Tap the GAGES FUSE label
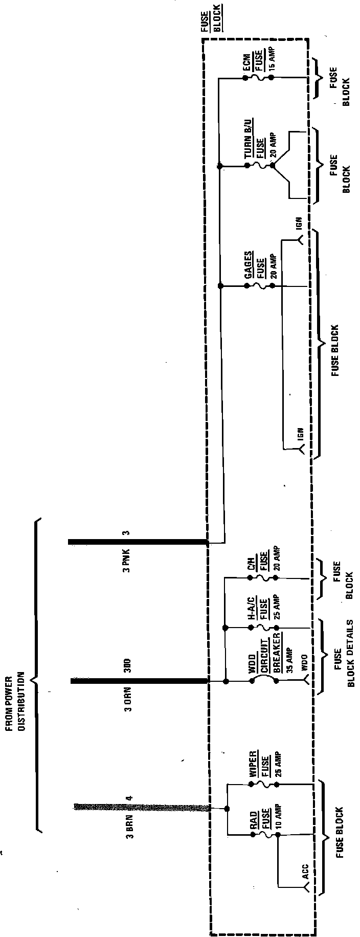(254, 266)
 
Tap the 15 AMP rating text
(272, 60)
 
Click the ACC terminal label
(305, 871)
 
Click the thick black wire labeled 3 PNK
(138, 541)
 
